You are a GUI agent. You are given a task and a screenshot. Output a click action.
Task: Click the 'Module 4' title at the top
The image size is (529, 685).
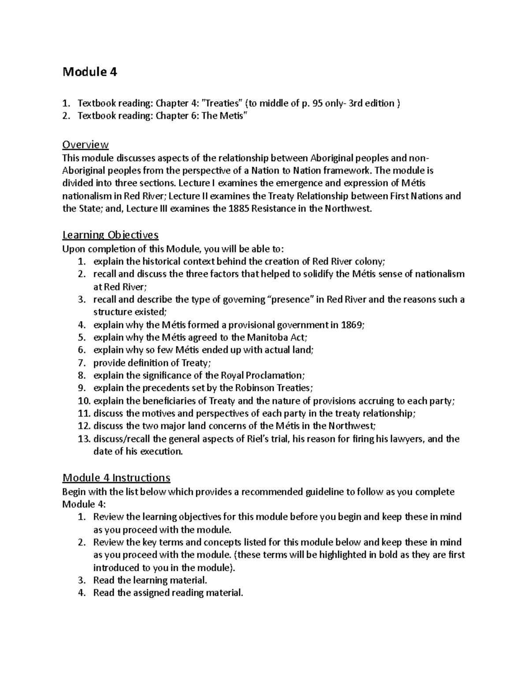point(90,72)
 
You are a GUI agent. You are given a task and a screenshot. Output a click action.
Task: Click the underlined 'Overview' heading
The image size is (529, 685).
point(86,145)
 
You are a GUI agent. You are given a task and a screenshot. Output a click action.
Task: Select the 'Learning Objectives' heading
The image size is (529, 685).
point(110,235)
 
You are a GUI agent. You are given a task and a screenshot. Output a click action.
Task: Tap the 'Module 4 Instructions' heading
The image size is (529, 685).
point(116,478)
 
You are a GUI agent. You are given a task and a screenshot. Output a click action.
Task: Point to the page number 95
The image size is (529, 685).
point(317,104)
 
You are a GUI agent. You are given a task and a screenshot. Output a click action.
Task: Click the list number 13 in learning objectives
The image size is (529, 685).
point(83,439)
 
